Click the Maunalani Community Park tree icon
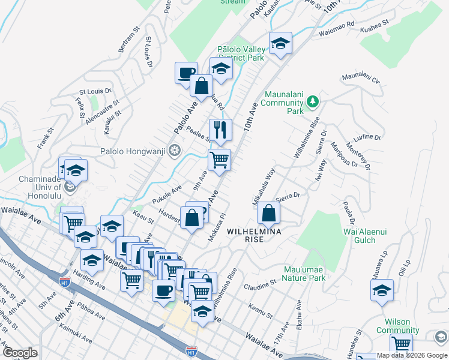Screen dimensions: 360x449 point(312,101)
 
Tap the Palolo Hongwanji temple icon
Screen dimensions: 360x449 point(175,149)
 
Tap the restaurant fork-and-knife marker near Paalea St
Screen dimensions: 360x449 point(220,130)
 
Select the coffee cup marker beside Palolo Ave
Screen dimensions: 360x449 point(186,73)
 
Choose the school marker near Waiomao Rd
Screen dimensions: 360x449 point(280,43)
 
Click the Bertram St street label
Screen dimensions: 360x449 point(130,38)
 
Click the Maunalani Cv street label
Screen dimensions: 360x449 point(361,78)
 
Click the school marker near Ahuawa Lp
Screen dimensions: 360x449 point(382,289)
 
